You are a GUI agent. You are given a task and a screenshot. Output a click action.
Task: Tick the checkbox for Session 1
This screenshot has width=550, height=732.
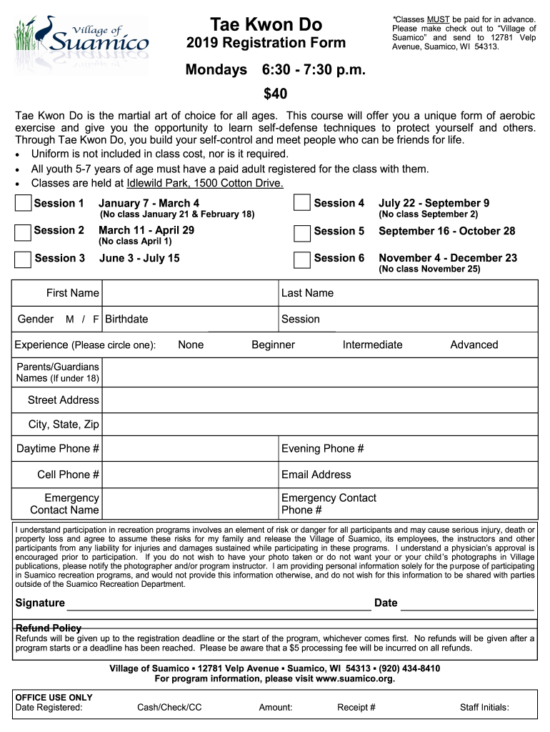23,204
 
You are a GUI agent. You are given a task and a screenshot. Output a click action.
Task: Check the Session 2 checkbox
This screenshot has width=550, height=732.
23,232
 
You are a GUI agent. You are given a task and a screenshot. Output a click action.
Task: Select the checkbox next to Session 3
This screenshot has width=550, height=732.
23,259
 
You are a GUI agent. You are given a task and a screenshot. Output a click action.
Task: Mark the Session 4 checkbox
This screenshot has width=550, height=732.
302,204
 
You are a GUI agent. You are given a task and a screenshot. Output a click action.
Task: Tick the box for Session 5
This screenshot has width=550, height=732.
302,232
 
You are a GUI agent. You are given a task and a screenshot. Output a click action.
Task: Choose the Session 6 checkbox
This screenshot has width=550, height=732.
302,259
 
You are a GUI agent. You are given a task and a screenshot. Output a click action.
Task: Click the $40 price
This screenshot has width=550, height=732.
275,94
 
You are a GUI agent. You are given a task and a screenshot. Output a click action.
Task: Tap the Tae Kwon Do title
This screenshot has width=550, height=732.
266,24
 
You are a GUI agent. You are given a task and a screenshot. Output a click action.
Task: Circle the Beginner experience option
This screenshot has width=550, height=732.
273,345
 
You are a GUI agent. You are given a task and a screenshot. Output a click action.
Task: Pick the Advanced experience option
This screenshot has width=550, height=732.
474,345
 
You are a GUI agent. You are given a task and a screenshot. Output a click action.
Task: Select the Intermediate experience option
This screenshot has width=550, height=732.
372,345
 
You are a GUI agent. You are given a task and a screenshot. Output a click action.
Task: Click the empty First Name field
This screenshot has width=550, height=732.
190,293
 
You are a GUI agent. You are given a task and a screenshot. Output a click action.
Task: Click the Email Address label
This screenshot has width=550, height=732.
316,475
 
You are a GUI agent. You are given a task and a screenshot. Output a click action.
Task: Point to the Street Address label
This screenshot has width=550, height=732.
63,400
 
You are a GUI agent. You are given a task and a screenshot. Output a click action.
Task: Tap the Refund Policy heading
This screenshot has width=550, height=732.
49,628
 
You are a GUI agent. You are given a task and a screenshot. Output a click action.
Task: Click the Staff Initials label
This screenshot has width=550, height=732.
484,708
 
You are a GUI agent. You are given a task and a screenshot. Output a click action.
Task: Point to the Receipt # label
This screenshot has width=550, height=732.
356,708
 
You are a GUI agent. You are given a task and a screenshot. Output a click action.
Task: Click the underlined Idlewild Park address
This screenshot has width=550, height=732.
205,183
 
